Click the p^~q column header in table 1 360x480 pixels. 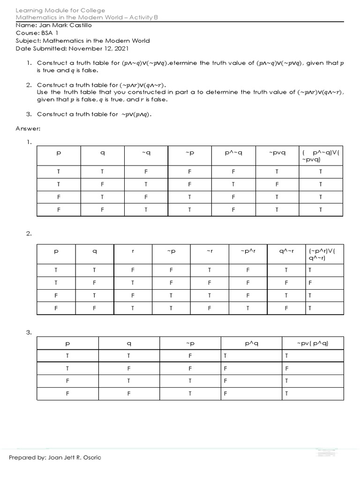coord(233,153)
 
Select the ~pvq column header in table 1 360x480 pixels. coord(277,153)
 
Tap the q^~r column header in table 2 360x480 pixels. coord(286,252)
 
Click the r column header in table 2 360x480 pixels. coord(133,252)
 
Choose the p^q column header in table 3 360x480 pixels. coord(251,344)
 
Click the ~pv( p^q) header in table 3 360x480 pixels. coord(313,344)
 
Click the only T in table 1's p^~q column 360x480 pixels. coord(233,184)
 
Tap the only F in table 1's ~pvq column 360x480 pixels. coord(277,184)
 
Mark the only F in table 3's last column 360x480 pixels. coord(286,368)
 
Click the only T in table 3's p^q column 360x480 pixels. coord(225,356)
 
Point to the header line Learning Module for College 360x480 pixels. coord(60,10)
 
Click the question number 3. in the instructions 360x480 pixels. coord(29,114)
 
